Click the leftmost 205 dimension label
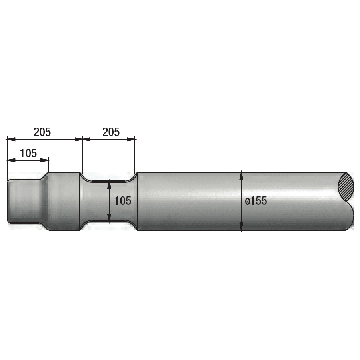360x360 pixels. coord(42,132)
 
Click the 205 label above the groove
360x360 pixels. coord(111,132)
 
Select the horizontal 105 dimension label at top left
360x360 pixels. coord(28,153)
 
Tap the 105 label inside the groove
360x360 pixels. coord(123,201)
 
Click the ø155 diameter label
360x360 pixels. coord(256,201)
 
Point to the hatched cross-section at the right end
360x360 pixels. coord(346,186)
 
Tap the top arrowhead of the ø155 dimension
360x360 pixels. coord(241,174)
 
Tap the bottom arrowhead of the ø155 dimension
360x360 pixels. coord(241,228)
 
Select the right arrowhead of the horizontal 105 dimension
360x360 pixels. coord(46,160)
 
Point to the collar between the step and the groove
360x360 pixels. coord(64,201)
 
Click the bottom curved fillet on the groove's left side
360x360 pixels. coord(84,225)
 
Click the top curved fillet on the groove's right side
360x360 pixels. coord(134,176)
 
